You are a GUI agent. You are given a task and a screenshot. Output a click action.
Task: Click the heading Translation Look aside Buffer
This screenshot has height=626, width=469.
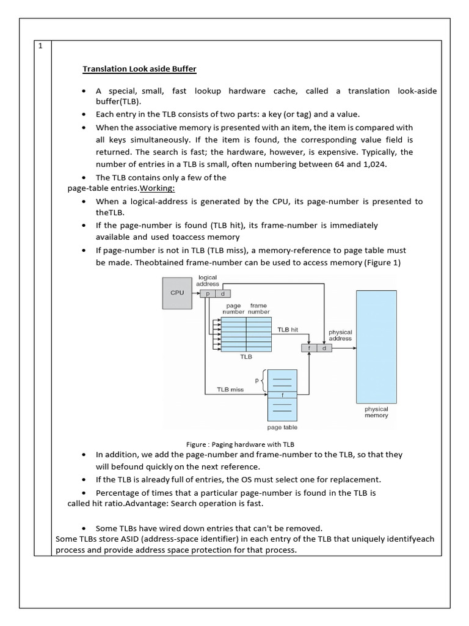(x=139, y=69)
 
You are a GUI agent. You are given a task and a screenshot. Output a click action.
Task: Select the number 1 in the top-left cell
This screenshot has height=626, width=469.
(x=40, y=47)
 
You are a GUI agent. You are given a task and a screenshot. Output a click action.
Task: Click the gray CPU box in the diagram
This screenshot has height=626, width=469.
(x=176, y=293)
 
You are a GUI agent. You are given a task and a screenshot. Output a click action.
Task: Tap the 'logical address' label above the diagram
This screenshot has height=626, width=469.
(x=208, y=281)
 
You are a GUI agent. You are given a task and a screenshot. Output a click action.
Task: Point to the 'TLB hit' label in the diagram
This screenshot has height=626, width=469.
(x=287, y=329)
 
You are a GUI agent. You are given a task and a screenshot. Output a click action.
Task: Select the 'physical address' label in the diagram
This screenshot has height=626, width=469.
(x=340, y=335)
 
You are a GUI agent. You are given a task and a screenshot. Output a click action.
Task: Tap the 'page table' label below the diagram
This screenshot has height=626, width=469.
(x=282, y=427)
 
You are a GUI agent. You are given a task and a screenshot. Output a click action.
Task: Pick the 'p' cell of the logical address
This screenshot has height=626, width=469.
(x=208, y=294)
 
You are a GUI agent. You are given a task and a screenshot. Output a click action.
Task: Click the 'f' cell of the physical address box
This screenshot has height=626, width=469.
(x=310, y=348)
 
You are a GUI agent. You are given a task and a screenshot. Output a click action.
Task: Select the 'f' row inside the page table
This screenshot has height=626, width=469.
(x=282, y=395)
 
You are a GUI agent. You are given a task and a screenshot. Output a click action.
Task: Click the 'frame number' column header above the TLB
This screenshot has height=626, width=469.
(x=258, y=308)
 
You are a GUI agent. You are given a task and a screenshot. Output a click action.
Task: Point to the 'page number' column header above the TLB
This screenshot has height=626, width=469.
(x=233, y=308)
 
